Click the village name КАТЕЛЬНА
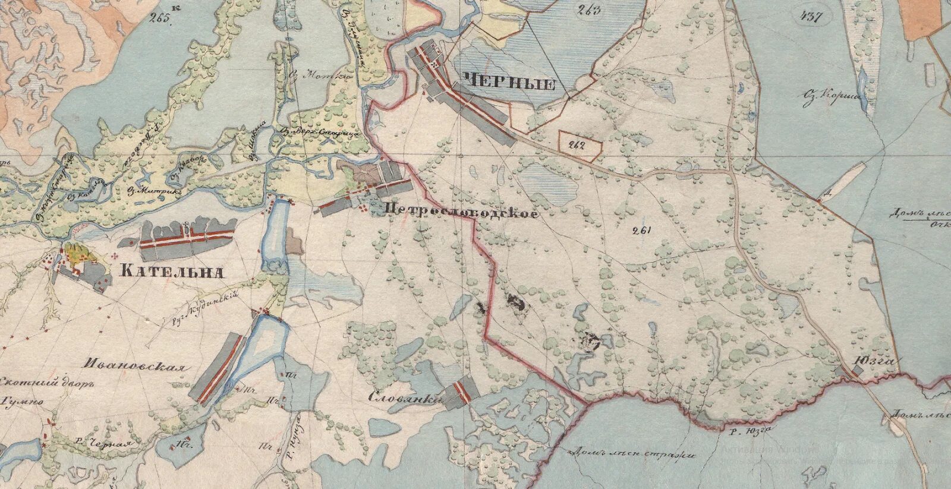click(x=172, y=272)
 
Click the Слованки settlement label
click(x=406, y=397)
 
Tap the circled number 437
click(x=811, y=17)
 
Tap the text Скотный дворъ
click(x=48, y=383)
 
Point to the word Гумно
click(x=23, y=403)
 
